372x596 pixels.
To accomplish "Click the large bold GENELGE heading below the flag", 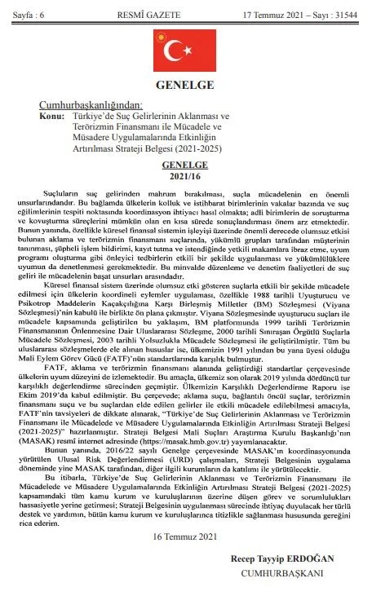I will point(186,86).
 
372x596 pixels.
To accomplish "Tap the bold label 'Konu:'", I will point(51,117).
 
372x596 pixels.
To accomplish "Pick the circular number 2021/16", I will point(185,174).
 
